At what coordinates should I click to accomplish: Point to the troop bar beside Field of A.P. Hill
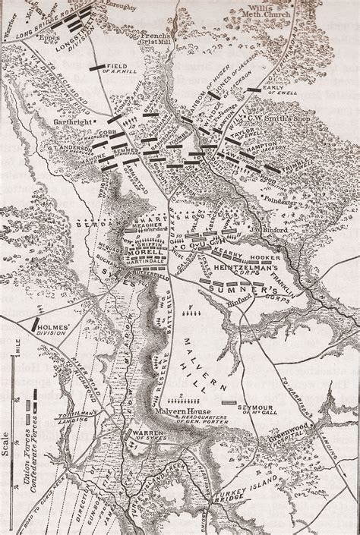[96, 68]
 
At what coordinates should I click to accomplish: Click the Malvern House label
[182, 411]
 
